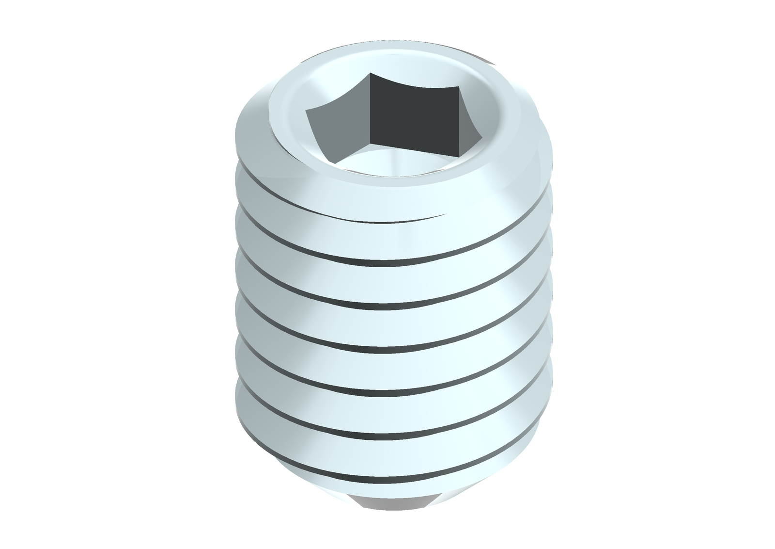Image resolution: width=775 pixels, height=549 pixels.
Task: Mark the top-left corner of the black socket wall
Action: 371,74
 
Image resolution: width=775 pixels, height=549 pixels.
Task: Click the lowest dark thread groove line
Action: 387,476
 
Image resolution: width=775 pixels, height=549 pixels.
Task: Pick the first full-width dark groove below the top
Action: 387,265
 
